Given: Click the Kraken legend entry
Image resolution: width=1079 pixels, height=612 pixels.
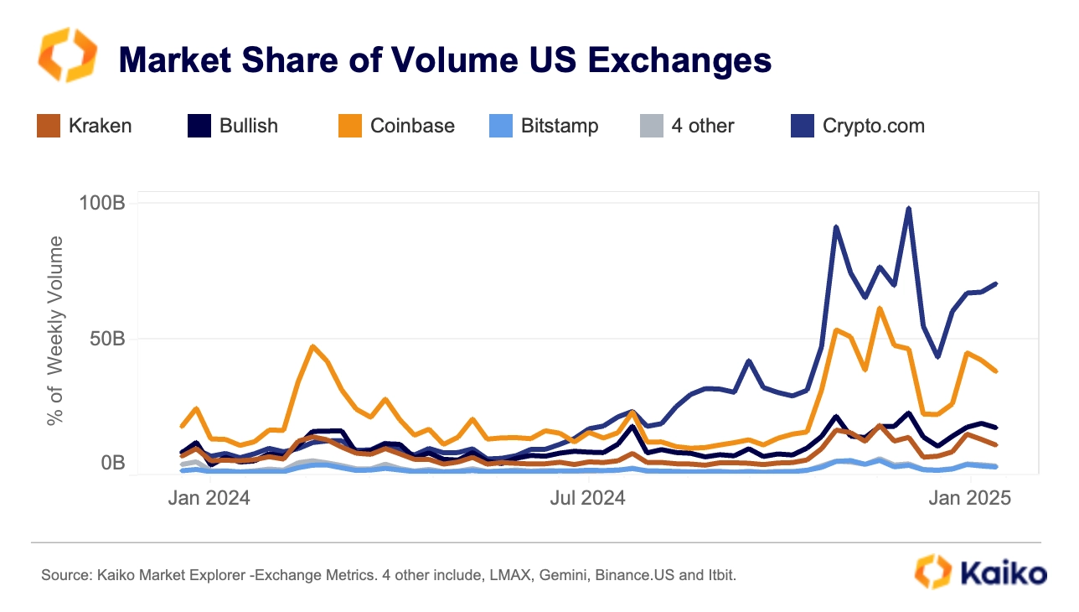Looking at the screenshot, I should point(85,126).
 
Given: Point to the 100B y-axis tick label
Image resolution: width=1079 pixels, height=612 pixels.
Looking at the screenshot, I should point(102,204).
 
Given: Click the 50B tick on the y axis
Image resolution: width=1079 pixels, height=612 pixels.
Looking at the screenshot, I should point(107,339).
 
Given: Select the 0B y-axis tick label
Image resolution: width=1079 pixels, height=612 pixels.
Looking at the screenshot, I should point(112,463).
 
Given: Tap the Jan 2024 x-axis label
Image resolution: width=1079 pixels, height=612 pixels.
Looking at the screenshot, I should point(209,498).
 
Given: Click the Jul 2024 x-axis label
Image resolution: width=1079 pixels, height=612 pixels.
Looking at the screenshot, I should point(588,498).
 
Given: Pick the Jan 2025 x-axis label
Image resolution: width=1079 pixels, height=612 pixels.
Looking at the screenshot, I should point(969,498).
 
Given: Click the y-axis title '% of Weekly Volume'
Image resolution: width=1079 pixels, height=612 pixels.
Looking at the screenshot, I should point(55,330).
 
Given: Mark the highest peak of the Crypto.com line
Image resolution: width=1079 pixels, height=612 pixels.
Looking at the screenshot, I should point(909,209).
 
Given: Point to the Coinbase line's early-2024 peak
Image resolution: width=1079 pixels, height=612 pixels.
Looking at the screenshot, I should point(312,346).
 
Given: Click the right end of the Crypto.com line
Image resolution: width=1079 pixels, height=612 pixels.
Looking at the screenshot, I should point(996,283).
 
